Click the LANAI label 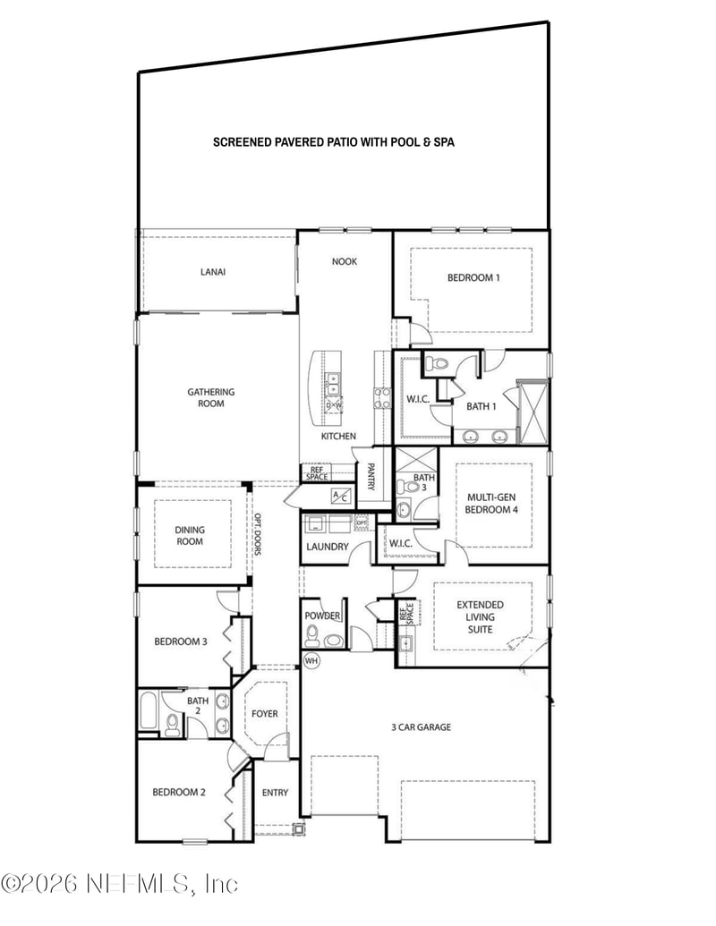[x=212, y=272]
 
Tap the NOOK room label [x=345, y=261]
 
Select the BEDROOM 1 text [x=473, y=277]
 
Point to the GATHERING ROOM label [x=211, y=397]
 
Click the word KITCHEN [x=339, y=436]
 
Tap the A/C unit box [x=342, y=496]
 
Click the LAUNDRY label [x=327, y=547]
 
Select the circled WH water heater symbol [x=311, y=660]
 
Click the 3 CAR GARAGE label [x=420, y=727]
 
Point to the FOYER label [x=264, y=713]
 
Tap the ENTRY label [x=275, y=792]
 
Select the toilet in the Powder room [x=312, y=636]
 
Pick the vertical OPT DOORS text [x=257, y=534]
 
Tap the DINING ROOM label [x=189, y=535]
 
